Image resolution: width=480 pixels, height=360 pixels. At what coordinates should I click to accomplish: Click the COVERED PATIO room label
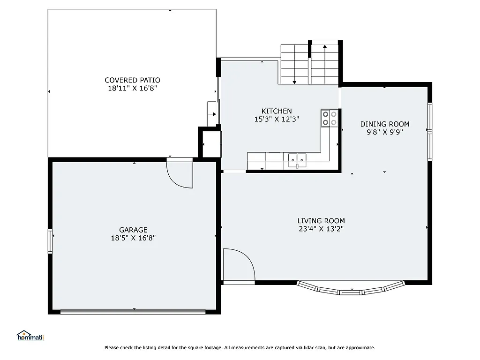pyautogui.click(x=132, y=80)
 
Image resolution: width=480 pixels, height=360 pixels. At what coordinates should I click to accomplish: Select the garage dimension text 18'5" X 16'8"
pyautogui.click(x=133, y=238)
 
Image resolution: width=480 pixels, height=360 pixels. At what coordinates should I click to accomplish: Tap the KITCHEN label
pyautogui.click(x=277, y=111)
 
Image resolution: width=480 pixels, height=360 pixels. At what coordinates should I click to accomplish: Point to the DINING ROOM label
pyautogui.click(x=384, y=124)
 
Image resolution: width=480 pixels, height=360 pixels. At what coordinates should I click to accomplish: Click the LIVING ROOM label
pyautogui.click(x=321, y=221)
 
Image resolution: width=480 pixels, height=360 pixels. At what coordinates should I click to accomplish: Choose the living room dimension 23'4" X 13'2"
pyautogui.click(x=321, y=229)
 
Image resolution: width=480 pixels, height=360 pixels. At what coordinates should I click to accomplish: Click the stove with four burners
pyautogui.click(x=329, y=118)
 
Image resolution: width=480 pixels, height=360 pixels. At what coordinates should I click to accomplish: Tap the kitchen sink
pyautogui.click(x=297, y=158)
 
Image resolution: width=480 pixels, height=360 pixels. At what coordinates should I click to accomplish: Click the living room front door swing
pyautogui.click(x=238, y=266)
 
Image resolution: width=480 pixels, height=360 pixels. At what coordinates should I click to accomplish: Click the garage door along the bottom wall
pyautogui.click(x=133, y=311)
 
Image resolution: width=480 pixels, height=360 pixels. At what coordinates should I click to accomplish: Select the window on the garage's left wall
pyautogui.click(x=50, y=241)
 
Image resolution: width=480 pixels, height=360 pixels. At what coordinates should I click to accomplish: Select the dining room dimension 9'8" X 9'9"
pyautogui.click(x=384, y=132)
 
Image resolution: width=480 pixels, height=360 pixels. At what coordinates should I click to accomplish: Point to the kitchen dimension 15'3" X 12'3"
pyautogui.click(x=277, y=119)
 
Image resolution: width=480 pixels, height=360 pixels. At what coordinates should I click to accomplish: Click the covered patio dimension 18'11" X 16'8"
pyautogui.click(x=132, y=88)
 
